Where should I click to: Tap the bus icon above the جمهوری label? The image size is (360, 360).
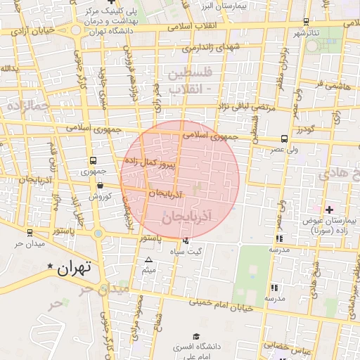click(94, 161)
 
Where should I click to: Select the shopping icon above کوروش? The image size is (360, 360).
click(100, 186)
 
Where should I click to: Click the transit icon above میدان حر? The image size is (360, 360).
click(30, 233)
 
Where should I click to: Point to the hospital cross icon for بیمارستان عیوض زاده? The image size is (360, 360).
click(329, 210)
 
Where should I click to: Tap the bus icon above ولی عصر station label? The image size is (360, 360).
click(284, 139)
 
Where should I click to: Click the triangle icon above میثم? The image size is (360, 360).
click(148, 259)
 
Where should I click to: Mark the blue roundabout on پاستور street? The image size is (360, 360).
click(98, 233)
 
